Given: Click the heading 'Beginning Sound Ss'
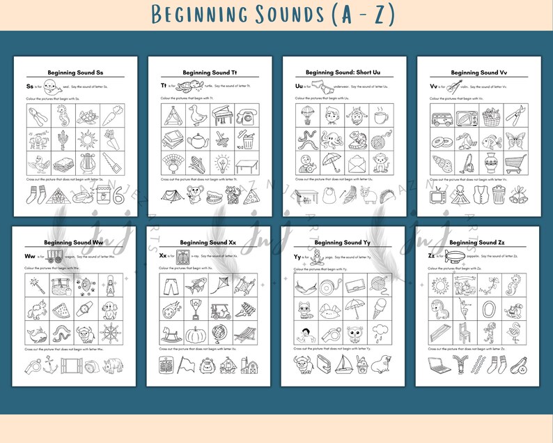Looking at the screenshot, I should pos(77,73).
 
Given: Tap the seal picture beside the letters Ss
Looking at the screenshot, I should pos(49,87).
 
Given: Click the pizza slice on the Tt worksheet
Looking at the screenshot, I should pos(249,197).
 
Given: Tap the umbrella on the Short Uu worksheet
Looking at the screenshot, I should pos(332,164).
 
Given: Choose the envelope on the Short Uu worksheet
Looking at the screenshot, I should pos(357,164).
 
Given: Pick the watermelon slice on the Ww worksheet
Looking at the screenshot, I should pos(62,308).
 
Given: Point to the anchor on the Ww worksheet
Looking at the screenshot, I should pos(49,364).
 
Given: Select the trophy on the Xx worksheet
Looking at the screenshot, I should pos(197,308).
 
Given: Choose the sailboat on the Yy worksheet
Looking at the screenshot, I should pos(343,364).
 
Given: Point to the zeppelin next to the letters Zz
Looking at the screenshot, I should pos(455,255).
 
